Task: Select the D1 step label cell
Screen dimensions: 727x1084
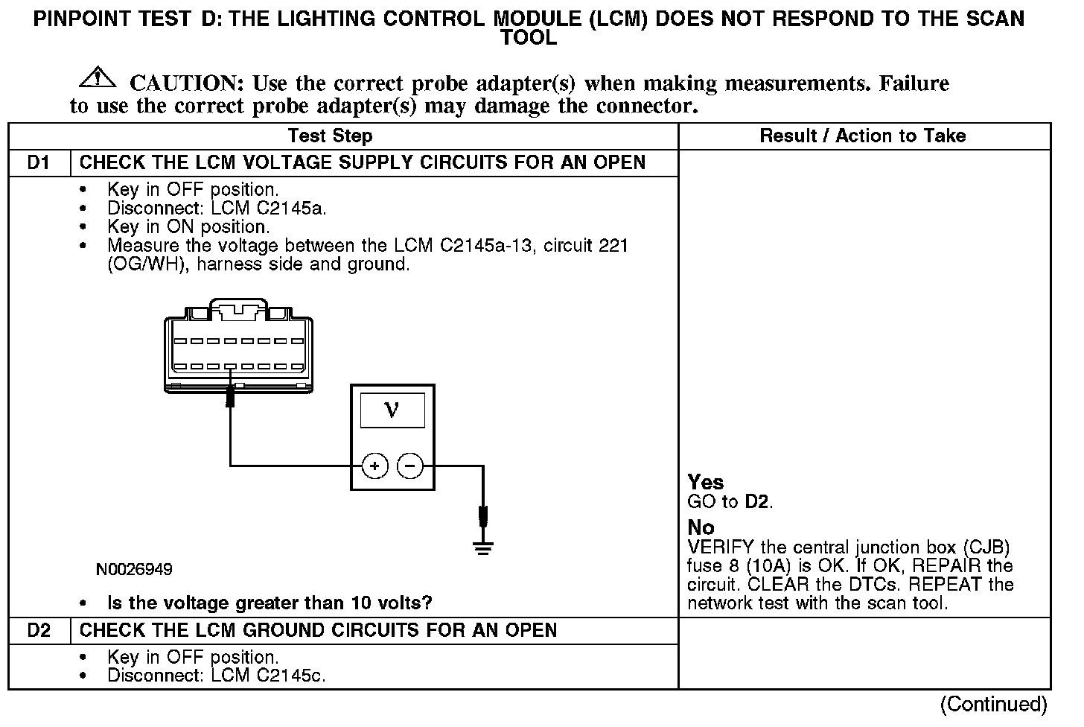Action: tap(38, 163)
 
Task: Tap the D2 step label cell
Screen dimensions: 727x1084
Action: tap(38, 631)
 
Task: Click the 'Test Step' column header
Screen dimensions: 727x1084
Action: tap(330, 136)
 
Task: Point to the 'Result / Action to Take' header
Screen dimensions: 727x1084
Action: tap(862, 136)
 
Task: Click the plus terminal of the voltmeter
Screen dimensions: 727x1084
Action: tap(374, 466)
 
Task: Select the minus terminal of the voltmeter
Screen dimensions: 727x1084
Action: tap(409, 466)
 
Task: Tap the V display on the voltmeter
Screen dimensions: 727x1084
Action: tap(392, 410)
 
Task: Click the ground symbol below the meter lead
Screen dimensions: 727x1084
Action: tap(483, 549)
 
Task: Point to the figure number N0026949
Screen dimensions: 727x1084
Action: tap(134, 570)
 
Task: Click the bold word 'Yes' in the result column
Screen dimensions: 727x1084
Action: tap(705, 483)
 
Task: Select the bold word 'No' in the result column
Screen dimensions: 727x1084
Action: tap(701, 528)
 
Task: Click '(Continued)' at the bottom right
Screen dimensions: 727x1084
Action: tap(993, 705)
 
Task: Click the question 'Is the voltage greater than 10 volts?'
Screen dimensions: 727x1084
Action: tap(270, 603)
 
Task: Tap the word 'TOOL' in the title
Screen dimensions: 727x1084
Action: tap(529, 38)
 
